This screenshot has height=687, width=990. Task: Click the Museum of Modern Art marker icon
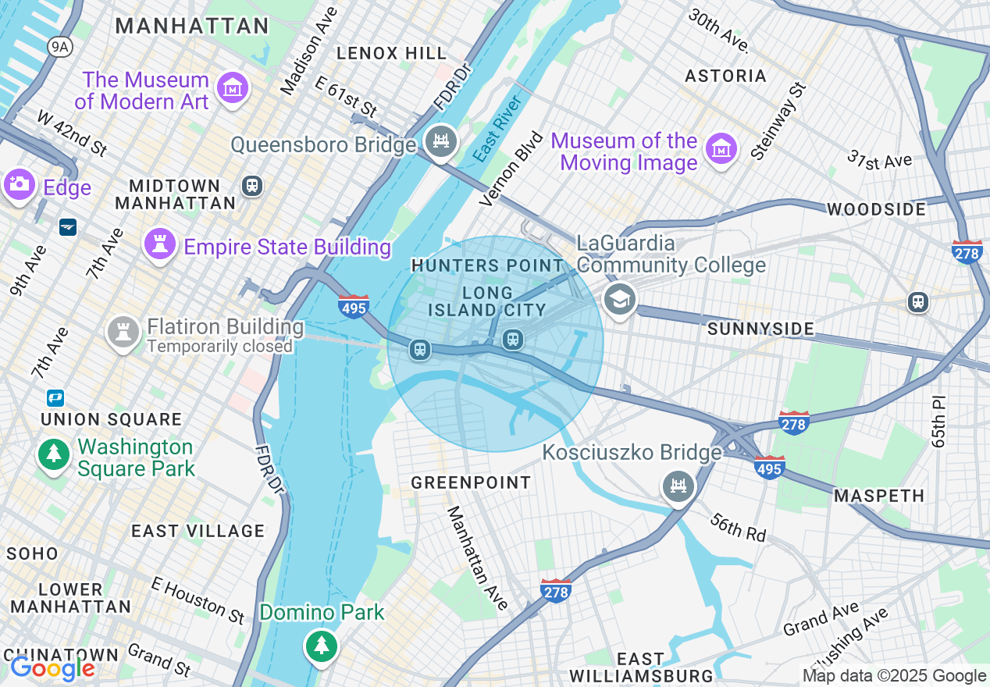click(233, 89)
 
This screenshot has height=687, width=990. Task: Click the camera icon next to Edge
click(19, 185)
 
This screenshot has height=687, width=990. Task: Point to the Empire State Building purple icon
click(160, 245)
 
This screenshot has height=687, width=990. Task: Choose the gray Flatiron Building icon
click(123, 333)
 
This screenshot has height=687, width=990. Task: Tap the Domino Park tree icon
click(321, 646)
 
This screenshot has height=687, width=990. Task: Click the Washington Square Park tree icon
click(53, 454)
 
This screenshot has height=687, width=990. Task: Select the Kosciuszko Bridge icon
click(678, 487)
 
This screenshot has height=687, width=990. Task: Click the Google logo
click(52, 668)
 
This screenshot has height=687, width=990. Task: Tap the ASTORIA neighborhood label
click(725, 76)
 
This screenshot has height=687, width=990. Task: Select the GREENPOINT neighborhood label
click(471, 482)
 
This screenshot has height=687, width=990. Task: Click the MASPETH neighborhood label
click(879, 496)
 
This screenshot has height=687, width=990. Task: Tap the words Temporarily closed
click(219, 346)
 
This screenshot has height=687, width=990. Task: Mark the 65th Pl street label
click(938, 422)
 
